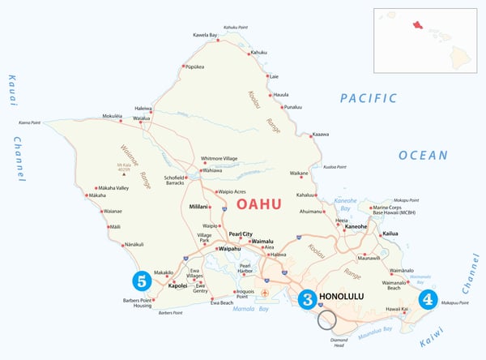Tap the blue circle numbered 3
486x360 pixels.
tap(307, 298)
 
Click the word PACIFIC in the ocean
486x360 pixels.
tap(369, 98)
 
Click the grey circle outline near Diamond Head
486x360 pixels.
tap(326, 319)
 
